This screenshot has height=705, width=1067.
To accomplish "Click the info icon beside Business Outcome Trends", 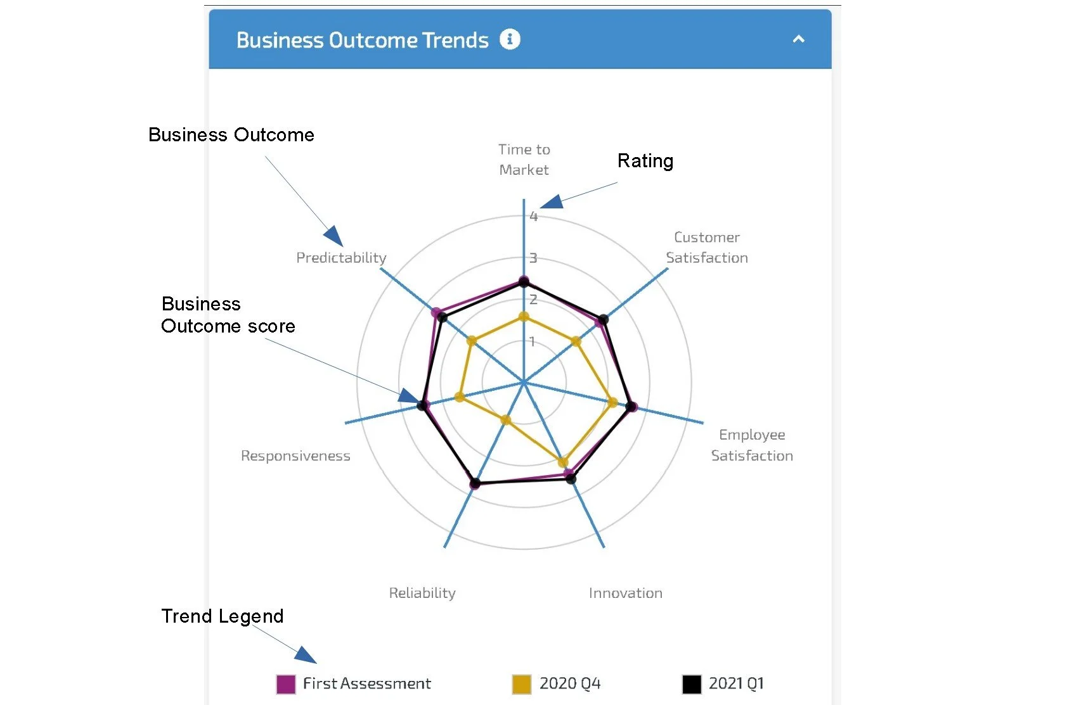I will [510, 39].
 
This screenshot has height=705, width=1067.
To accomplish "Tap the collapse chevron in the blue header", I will [798, 39].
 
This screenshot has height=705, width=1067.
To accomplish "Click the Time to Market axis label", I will [524, 160].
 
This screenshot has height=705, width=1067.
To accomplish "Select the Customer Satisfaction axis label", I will [706, 248].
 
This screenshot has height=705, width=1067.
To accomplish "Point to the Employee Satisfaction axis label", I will [751, 445].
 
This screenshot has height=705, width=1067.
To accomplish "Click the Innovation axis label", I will [625, 594].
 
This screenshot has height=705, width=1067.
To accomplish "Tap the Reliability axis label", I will [422, 594].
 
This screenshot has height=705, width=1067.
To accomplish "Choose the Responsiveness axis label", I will [295, 456].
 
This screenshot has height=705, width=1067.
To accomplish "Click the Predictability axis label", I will [341, 258].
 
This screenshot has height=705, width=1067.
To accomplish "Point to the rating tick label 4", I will [534, 217].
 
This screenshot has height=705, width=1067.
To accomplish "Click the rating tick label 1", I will [533, 342].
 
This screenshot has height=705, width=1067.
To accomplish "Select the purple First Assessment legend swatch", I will [286, 684].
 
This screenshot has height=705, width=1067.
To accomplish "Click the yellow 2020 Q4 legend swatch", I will [521, 684].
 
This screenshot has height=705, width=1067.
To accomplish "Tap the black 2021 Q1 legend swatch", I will [692, 684].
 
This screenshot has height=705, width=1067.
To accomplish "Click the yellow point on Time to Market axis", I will [524, 317].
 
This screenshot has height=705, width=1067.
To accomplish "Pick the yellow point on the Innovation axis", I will [562, 462].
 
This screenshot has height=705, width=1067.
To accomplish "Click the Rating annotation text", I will [645, 161].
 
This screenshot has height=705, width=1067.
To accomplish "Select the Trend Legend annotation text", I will [222, 616].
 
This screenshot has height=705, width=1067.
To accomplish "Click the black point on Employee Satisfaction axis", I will [630, 407].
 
